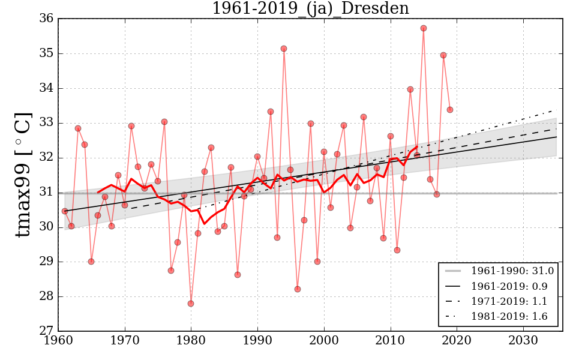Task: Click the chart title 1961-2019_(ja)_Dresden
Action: tap(310, 8)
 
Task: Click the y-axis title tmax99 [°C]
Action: tap(23, 175)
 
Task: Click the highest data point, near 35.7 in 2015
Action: tap(424, 28)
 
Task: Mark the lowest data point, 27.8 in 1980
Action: tap(191, 304)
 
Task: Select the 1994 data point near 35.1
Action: tap(284, 49)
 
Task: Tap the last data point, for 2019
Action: tap(450, 110)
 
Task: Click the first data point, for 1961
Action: tap(65, 211)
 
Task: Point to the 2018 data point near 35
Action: tap(443, 55)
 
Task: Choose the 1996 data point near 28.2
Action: tap(297, 289)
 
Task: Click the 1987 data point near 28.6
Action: tap(238, 275)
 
